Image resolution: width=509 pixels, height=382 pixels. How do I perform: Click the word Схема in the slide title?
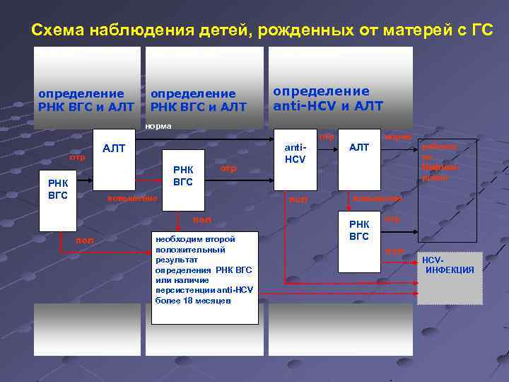coord(57,30)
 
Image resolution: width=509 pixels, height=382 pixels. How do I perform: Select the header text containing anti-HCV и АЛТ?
coord(328,99)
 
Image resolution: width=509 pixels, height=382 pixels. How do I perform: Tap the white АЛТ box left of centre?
coord(114,149)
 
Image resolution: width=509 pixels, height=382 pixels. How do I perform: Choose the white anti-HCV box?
coord(295,159)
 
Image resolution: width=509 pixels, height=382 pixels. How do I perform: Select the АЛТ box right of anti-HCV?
coord(359,159)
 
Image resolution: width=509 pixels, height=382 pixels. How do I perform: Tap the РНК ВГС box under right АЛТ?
coord(359,241)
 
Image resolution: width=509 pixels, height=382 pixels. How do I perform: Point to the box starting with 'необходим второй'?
coord(204,276)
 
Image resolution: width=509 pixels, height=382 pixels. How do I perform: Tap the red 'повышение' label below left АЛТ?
coord(131,198)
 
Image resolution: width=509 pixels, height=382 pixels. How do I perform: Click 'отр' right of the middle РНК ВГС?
coord(228,168)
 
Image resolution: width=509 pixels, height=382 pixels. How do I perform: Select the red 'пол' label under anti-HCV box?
coord(298,199)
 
